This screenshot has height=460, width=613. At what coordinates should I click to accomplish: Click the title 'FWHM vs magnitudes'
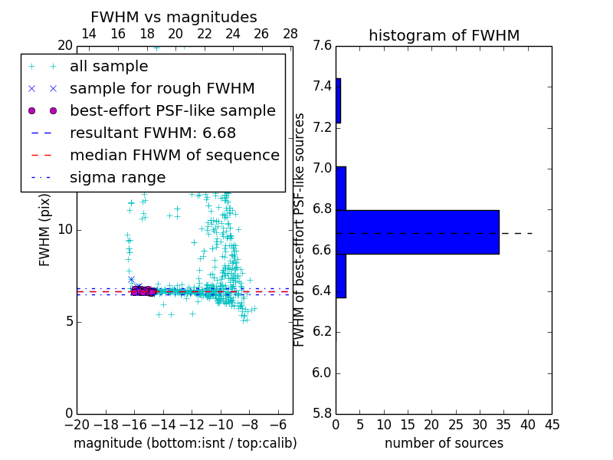174,18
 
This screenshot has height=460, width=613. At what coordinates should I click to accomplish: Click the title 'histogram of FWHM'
444,35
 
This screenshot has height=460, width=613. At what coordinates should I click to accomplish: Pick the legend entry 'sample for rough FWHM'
162,89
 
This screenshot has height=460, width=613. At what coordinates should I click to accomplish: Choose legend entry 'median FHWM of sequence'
174,155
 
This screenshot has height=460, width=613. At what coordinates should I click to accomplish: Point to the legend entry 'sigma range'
117,177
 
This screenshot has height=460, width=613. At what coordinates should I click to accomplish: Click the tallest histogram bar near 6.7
418,232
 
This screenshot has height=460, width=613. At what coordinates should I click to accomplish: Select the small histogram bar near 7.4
338,100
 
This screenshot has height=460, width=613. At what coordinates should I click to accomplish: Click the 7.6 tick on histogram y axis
323,46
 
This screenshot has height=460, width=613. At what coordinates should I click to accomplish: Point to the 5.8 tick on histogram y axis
323,414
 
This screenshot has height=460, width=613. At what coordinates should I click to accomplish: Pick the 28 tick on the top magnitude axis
290,34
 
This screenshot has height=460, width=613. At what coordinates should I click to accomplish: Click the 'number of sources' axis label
444,443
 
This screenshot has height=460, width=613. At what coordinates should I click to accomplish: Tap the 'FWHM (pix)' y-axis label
45,229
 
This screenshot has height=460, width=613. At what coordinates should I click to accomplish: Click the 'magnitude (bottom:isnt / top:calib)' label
185,443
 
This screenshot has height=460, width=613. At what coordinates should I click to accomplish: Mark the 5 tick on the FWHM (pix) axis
67,322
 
